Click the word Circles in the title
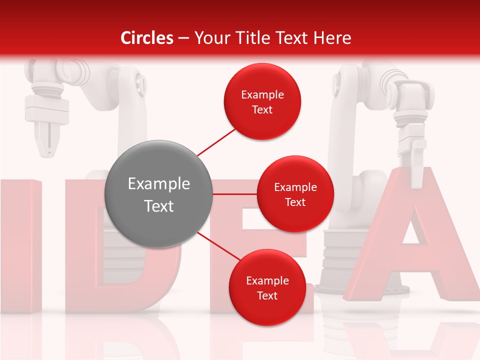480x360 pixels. coord(147,38)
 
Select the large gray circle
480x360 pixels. coord(158,194)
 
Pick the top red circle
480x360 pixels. coord(262,101)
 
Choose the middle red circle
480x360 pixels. coord(295,194)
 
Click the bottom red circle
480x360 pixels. coord(267,287)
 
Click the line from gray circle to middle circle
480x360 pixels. coord(235,194)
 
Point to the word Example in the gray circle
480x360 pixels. coord(158,184)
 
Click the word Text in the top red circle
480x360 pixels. coord(262,109)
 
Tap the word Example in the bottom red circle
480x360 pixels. coord(267,280)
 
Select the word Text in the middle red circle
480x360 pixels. coord(295,202)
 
